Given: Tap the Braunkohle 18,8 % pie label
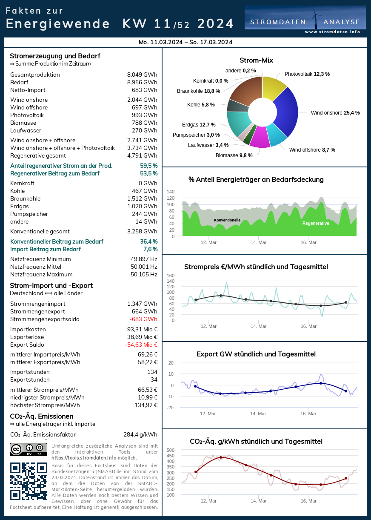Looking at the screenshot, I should (198, 91).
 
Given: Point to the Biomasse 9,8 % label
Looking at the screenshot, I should (234, 155).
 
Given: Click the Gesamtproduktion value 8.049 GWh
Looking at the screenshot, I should (142, 75).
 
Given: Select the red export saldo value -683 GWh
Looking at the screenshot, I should (143, 319).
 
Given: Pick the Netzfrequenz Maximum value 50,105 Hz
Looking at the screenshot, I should (144, 275).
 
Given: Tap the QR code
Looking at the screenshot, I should (28, 481).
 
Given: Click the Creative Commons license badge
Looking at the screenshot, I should (28, 449).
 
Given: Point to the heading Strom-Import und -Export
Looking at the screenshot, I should (51, 285).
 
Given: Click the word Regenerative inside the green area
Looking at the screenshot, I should (316, 223).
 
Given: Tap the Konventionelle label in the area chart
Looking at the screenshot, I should (227, 220).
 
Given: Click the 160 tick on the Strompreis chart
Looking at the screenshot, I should (170, 276).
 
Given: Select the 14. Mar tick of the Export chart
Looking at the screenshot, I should (258, 414).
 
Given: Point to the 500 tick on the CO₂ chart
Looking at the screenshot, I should (170, 450).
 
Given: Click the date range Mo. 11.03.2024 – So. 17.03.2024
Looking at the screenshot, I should (185, 42).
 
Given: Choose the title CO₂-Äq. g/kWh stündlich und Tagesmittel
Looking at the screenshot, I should (256, 441).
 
